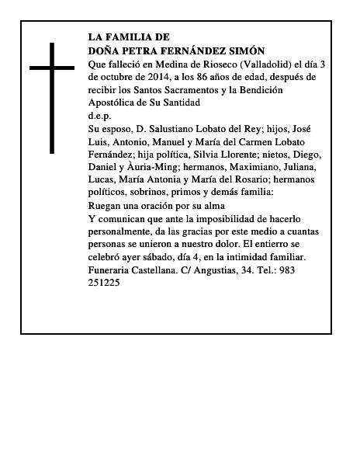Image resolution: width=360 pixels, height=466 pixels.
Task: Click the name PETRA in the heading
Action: coord(146,50)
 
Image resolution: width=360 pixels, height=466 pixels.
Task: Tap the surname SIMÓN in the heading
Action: coord(245,50)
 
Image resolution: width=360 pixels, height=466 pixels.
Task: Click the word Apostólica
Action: coord(115,103)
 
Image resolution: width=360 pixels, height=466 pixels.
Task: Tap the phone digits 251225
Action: coord(105,283)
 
